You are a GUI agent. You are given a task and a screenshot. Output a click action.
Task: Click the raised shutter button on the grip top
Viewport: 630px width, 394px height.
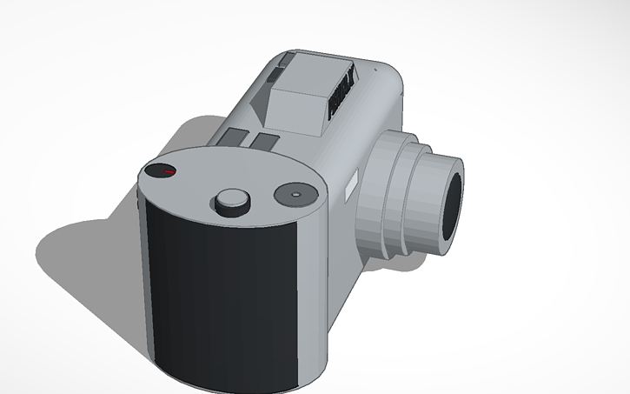click(232, 199)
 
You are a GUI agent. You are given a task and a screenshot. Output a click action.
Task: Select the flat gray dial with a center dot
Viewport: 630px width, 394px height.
click(293, 195)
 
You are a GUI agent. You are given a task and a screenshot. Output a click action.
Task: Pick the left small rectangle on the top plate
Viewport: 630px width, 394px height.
click(232, 137)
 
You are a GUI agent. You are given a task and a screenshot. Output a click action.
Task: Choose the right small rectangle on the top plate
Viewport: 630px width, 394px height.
click(264, 141)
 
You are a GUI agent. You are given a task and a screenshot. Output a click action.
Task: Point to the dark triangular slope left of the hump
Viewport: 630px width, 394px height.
click(261, 109)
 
